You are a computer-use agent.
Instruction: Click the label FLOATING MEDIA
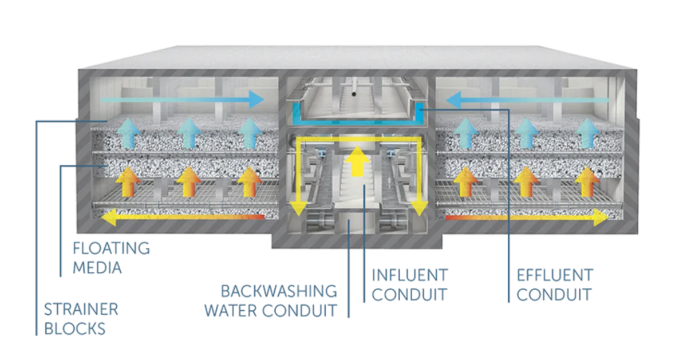pyautogui.click(x=111, y=257)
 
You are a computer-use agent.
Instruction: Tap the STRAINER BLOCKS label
pyautogui.click(x=81, y=319)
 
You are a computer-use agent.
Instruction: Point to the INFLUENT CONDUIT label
pyautogui.click(x=409, y=284)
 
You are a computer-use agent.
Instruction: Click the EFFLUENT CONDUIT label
pyautogui.click(x=554, y=284)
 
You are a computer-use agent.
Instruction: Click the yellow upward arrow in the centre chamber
pyautogui.click(x=358, y=160)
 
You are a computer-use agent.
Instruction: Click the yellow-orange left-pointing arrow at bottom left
pyautogui.click(x=183, y=217)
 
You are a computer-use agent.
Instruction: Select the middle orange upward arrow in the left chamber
pyautogui.click(x=187, y=182)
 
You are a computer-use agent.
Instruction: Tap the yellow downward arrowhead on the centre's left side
pyautogui.click(x=298, y=208)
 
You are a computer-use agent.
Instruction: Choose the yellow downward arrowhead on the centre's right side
pyautogui.click(x=420, y=208)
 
